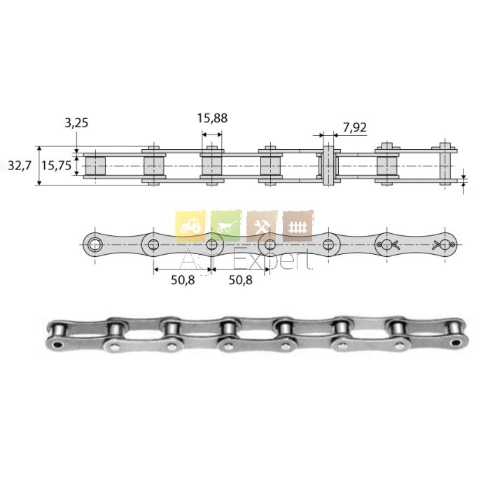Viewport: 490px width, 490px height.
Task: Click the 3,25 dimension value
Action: (76, 122)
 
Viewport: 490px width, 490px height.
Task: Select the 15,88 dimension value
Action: (212, 118)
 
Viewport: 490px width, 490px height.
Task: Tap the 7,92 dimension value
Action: (355, 127)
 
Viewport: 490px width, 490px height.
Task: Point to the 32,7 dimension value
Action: (20, 166)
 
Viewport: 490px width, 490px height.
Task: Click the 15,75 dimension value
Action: (57, 166)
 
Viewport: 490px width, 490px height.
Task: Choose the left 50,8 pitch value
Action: (183, 280)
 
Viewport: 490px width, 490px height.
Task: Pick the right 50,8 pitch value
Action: (241, 280)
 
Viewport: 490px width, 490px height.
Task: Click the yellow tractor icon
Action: (190, 226)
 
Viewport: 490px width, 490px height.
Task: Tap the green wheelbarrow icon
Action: (226, 226)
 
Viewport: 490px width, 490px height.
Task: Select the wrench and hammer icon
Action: (262, 226)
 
